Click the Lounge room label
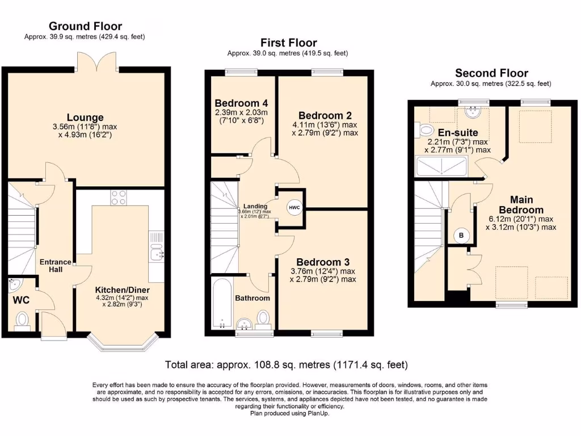coord(85,118)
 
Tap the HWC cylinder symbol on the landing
coord(294,208)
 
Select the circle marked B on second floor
coord(460,234)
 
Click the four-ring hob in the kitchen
coord(118,198)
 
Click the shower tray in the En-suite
coord(441,167)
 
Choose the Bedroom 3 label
coord(322,262)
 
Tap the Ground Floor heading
coord(85,26)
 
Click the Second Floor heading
coord(491,73)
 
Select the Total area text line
coord(286,364)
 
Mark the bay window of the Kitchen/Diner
coord(122,342)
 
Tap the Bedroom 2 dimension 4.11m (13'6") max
coord(325,125)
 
